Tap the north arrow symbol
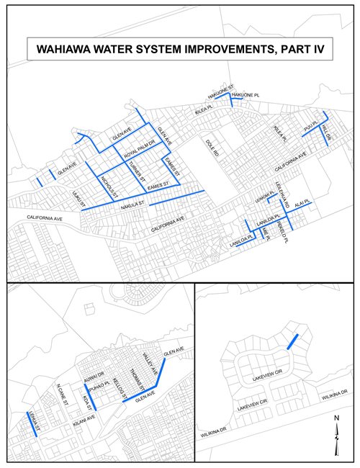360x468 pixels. pos(336,436)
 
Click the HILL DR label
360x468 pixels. pos(328,130)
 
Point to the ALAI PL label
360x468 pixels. pos(302,204)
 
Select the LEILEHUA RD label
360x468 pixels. pos(285,199)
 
